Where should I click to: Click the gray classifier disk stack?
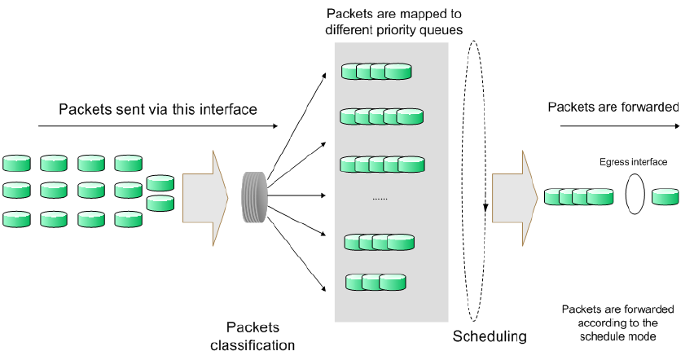point(254,197)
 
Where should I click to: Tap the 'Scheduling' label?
point(490,336)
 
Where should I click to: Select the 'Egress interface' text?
point(634,162)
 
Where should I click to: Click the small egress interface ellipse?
point(635,194)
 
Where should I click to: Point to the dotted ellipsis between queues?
point(380,200)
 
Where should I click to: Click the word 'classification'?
point(253,345)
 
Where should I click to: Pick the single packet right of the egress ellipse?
point(665,196)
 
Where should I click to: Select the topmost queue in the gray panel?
point(376,72)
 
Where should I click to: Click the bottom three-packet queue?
point(376,282)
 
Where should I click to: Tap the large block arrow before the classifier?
point(205,198)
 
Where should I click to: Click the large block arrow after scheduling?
point(515,198)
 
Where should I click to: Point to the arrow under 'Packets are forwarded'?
point(620,126)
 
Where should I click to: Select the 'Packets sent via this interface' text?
point(157,109)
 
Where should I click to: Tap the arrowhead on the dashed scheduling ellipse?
point(485,208)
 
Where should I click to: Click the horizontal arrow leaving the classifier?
point(296,195)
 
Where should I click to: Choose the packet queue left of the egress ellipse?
point(578,196)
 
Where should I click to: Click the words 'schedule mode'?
point(618,336)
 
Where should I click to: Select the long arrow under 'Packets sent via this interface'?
point(158,126)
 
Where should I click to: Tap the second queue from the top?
point(381,116)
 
